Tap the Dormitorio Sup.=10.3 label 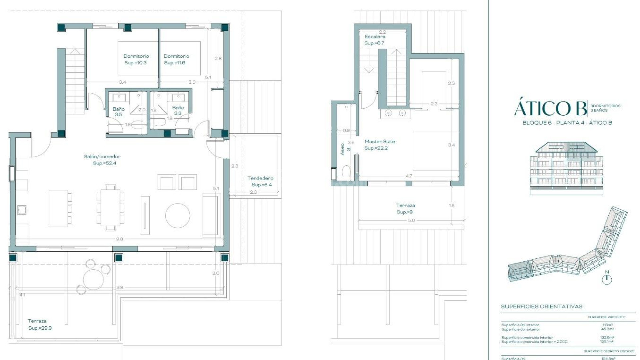point(136,59)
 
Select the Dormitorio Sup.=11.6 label point(176,59)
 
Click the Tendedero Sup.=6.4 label point(261,181)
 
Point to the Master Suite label point(379,145)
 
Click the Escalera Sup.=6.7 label point(375,40)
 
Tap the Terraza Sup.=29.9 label point(39,324)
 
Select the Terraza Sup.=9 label point(405,209)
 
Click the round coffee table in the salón point(178,216)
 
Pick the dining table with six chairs point(110,208)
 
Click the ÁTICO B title point(550,108)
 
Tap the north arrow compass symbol point(607,278)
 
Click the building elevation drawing point(566,168)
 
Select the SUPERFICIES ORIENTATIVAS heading point(542,306)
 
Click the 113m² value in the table point(608,325)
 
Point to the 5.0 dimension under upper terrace point(411,220)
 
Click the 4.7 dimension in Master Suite point(409,176)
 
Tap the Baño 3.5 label point(118,111)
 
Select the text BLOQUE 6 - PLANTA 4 point(553,123)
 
